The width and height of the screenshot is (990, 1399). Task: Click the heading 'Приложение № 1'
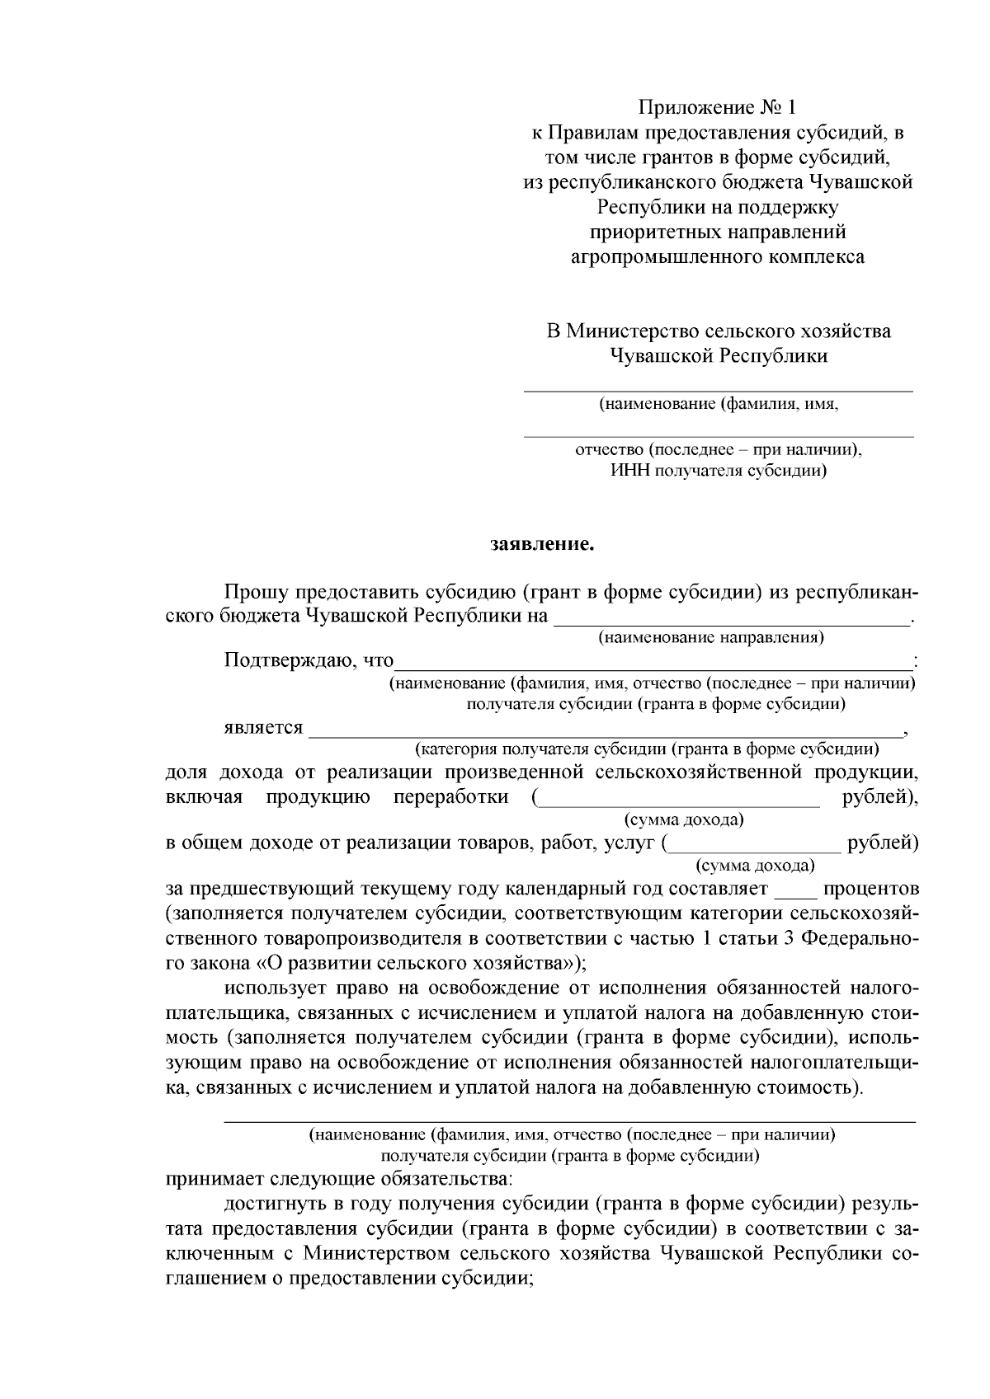pos(718,108)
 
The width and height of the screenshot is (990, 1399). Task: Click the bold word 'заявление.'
pos(541,545)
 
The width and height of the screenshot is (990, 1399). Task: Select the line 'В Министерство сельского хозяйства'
pos(719,331)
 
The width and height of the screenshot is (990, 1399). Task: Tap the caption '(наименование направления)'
pos(711,637)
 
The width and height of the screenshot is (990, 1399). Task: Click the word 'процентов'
pos(870,890)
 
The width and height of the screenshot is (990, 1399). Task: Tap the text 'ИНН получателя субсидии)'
pos(719,472)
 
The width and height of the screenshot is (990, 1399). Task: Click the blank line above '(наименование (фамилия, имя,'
pos(719,388)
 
